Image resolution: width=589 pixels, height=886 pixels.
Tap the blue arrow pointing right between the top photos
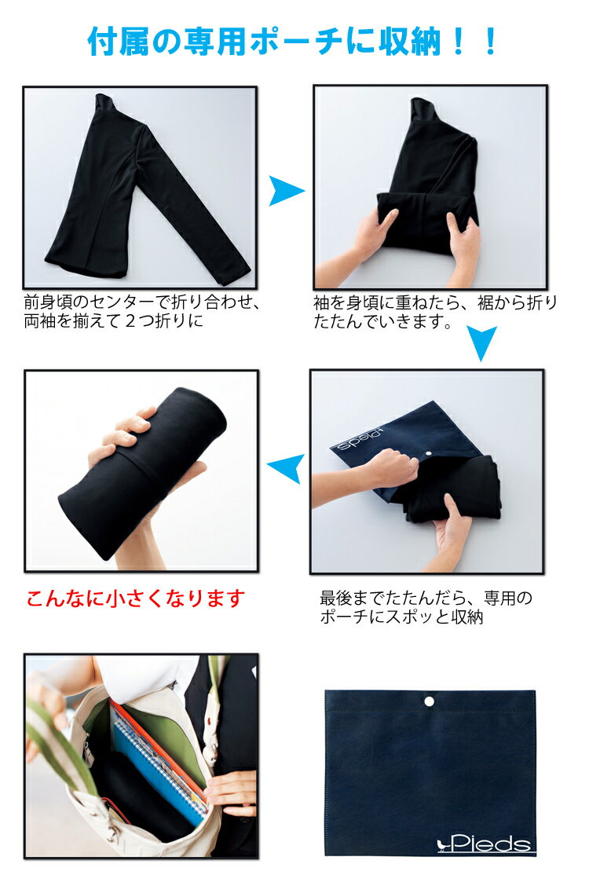tap(287, 191)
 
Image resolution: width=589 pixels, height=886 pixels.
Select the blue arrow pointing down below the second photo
tap(481, 343)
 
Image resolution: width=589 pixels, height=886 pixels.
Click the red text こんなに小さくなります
tap(136, 598)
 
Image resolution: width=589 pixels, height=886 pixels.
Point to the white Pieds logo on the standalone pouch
tap(485, 844)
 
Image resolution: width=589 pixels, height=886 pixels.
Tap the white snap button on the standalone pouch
tap(430, 701)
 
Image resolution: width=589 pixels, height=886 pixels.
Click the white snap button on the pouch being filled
tap(430, 453)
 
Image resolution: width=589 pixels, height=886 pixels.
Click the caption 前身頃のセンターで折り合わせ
tap(141, 302)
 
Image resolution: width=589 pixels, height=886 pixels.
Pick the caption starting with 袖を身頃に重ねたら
tap(435, 312)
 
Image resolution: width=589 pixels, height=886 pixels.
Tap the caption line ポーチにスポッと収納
tap(401, 617)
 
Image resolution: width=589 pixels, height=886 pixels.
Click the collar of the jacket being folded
tap(422, 107)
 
